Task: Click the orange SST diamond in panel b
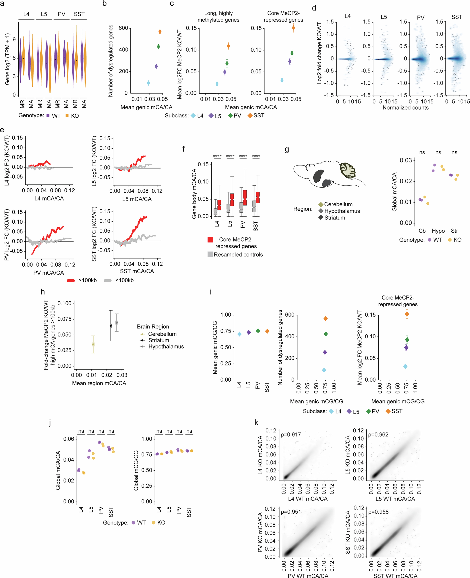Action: click(x=160, y=32)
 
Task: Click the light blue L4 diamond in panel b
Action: click(x=148, y=83)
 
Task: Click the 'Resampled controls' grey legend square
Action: click(x=210, y=254)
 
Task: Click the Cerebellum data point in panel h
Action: click(x=93, y=344)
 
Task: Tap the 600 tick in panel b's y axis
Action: click(x=123, y=28)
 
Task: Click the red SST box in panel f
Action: click(x=258, y=197)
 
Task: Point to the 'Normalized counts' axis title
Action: click(x=405, y=108)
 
